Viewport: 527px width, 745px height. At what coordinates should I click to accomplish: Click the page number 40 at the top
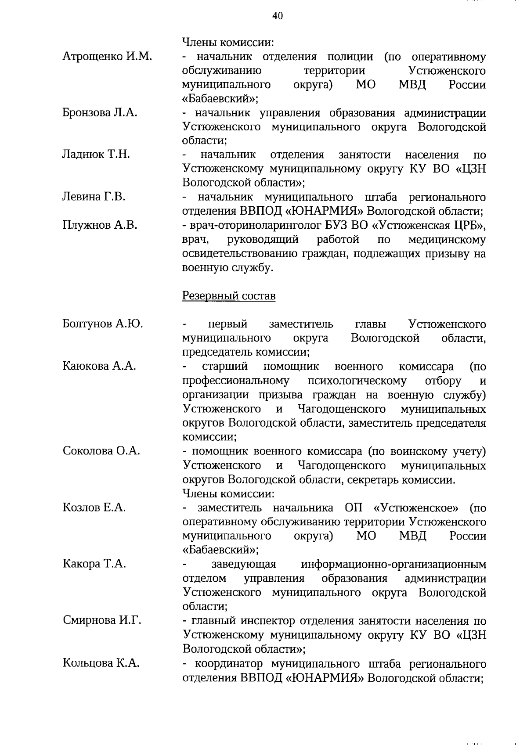click(x=278, y=16)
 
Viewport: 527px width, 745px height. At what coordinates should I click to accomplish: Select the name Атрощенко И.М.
click(x=107, y=56)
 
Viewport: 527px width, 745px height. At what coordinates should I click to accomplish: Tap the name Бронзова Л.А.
click(x=100, y=113)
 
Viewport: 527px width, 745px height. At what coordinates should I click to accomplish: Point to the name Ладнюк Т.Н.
click(x=96, y=155)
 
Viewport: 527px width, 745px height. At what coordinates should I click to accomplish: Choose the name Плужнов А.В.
click(x=100, y=225)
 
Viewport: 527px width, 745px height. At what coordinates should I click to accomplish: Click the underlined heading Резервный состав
click(x=229, y=296)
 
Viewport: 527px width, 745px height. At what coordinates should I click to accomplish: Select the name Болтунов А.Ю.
click(x=103, y=324)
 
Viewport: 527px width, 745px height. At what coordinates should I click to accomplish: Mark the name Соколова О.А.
click(x=101, y=451)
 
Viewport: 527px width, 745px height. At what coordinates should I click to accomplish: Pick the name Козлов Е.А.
click(x=94, y=508)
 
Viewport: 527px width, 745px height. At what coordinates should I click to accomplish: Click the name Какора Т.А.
click(x=94, y=564)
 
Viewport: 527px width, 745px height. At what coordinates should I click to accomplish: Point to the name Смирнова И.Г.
click(x=102, y=620)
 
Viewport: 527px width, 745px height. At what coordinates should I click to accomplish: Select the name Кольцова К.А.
click(x=101, y=663)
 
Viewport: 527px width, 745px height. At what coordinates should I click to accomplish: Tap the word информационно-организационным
click(x=393, y=564)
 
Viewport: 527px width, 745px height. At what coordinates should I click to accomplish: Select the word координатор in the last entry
click(x=230, y=663)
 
